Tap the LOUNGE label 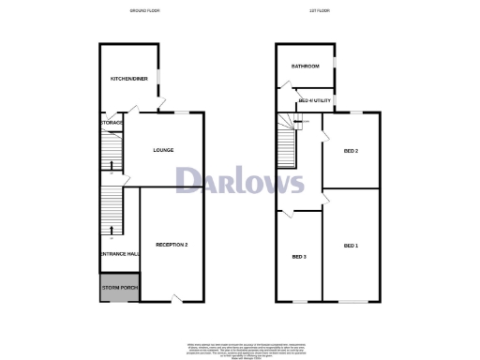[164, 150]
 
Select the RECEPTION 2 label [172, 245]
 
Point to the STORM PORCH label [119, 288]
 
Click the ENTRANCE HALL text [119, 254]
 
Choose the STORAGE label [112, 123]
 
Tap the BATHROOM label [305, 67]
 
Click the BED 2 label [352, 150]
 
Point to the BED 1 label [351, 246]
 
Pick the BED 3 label [298, 257]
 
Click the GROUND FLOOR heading [145, 10]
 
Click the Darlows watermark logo [239, 180]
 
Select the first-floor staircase [285, 146]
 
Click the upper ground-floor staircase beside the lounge [112, 150]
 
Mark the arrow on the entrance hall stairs [112, 229]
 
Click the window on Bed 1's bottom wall [352, 302]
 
